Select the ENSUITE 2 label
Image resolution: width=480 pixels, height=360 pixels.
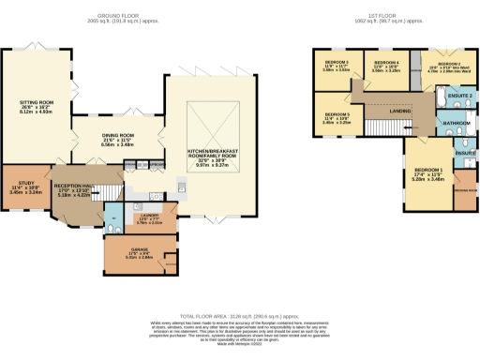(x=458, y=97)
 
